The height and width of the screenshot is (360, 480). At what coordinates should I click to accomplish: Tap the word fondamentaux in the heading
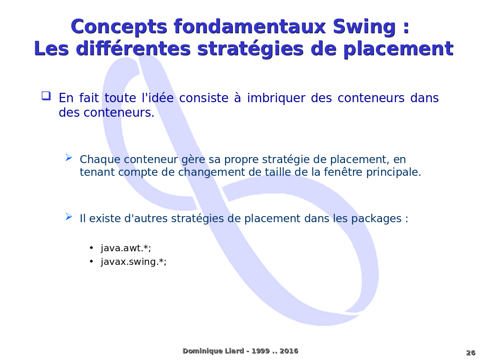[249, 27]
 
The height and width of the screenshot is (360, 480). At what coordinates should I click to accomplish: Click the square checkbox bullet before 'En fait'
[46, 96]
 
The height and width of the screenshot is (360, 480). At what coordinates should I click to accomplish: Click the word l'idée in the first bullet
[157, 98]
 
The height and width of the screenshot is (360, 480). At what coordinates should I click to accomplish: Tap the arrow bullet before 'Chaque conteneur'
[69, 157]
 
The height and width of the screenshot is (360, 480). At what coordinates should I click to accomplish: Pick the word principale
[394, 172]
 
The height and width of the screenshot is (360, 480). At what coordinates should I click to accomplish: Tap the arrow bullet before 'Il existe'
[69, 217]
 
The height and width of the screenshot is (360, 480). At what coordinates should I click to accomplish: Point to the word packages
[376, 219]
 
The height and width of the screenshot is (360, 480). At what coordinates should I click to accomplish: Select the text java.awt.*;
[126, 248]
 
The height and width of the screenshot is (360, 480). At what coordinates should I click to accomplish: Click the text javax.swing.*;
[134, 262]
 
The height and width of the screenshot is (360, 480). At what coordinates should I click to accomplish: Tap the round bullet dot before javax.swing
[91, 262]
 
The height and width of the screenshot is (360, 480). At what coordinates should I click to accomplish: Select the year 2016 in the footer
[289, 351]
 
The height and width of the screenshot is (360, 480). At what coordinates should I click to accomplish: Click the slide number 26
[471, 352]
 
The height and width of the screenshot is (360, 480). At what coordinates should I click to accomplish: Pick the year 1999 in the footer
[261, 351]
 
